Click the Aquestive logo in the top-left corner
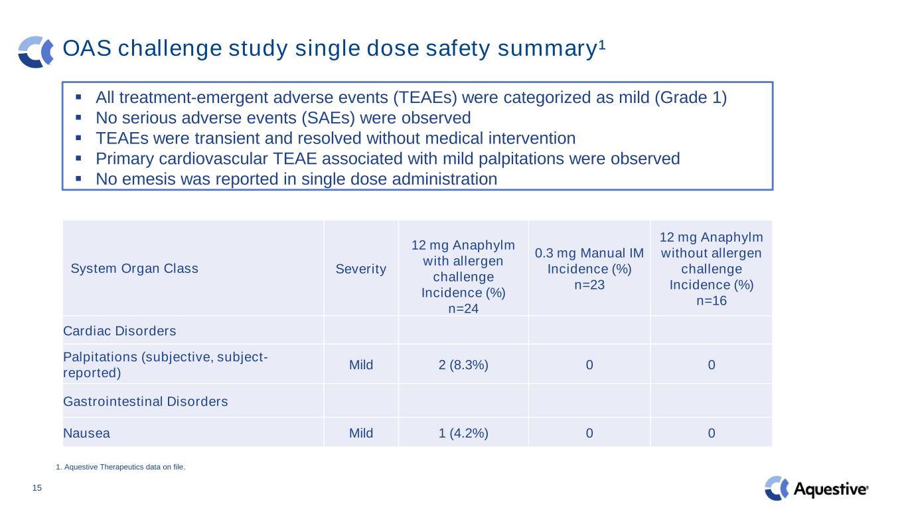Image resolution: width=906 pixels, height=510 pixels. (35, 51)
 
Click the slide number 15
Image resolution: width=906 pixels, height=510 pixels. (37, 489)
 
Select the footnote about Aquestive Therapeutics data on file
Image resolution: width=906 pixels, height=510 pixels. (120, 467)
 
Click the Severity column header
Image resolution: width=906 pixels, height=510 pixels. (361, 269)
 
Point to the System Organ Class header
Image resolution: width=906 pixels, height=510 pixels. (134, 269)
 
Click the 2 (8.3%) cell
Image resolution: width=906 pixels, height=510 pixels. (464, 365)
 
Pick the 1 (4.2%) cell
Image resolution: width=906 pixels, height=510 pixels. (464, 434)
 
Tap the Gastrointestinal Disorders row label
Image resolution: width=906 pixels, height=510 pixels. (145, 402)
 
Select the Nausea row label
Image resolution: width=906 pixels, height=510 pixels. (87, 434)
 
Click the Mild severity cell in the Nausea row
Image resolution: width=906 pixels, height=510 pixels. (361, 434)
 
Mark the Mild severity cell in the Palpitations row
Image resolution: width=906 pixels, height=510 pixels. (361, 365)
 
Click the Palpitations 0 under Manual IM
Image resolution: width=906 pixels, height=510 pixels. (589, 365)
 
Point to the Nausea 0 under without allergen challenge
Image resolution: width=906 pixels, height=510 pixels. (712, 434)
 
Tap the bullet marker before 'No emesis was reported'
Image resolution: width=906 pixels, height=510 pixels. (78, 179)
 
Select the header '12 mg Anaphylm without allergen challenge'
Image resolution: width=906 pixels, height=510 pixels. (712, 269)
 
